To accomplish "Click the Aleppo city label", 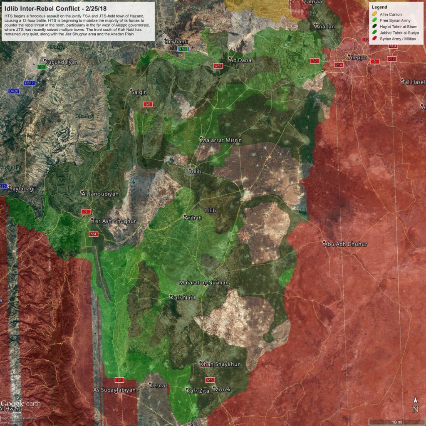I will click(x=358, y=57).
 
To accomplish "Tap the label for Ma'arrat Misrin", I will click(x=221, y=141).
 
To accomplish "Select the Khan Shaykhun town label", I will click(x=220, y=364).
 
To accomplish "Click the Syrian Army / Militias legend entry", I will click(x=398, y=38).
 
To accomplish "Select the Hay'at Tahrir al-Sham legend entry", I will click(x=398, y=26).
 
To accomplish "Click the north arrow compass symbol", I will click(x=415, y=404).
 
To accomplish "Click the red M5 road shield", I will click(x=209, y=380).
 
